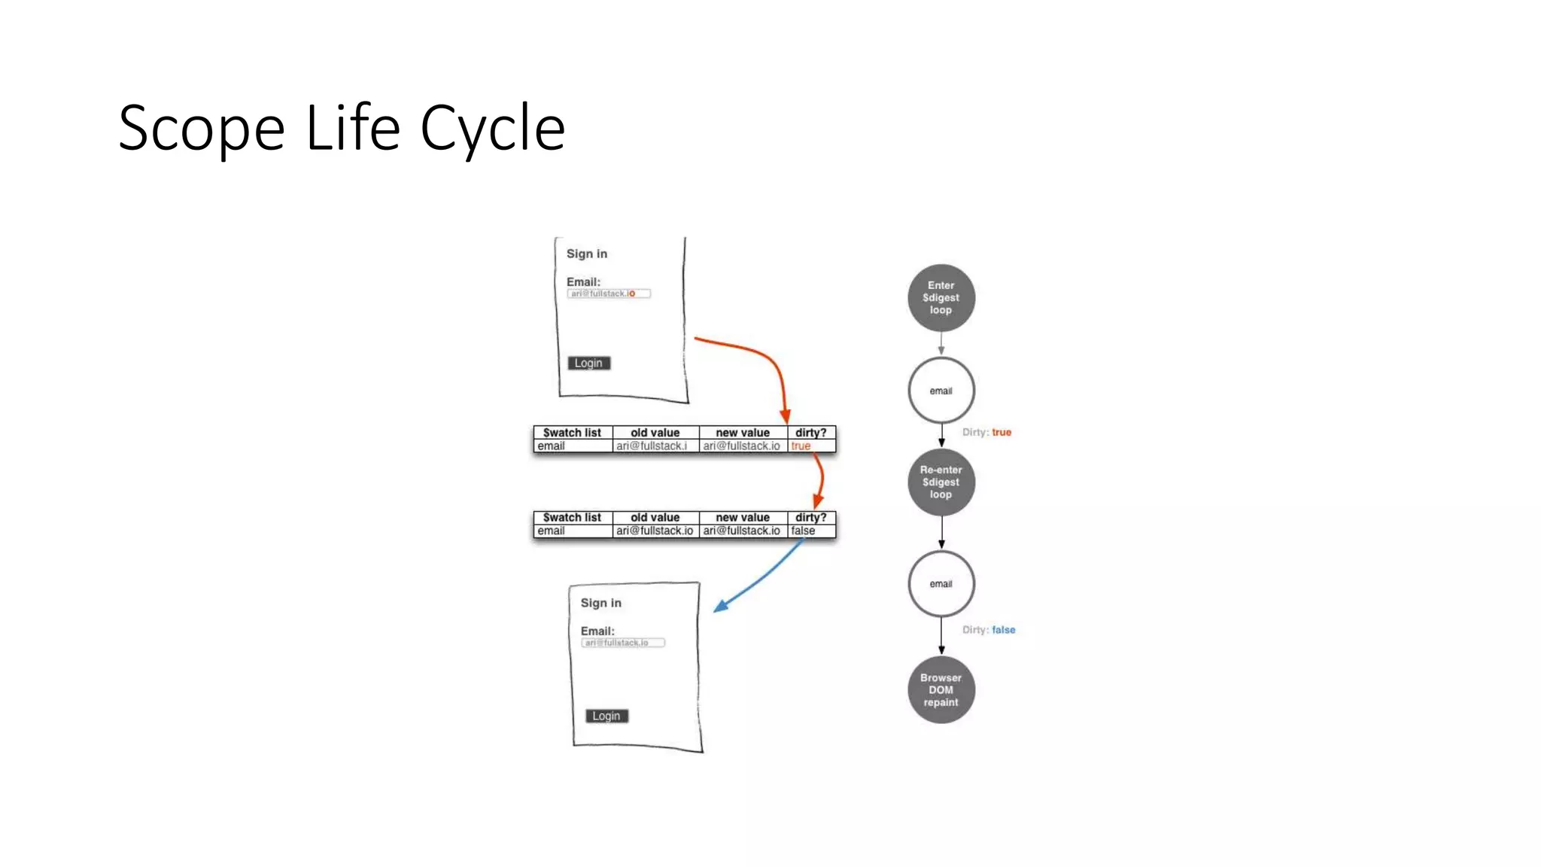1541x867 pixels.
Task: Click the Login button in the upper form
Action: tap(588, 363)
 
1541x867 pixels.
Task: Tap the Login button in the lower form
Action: tap(606, 716)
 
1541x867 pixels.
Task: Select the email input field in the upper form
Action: tap(609, 294)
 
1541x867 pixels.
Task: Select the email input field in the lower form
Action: tap(623, 643)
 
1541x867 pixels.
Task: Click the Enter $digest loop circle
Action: tap(941, 298)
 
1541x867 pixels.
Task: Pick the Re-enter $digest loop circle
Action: tap(941, 482)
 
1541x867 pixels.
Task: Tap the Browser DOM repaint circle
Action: tap(941, 690)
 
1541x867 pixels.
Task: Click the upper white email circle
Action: tap(941, 391)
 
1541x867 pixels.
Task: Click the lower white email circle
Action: tap(941, 584)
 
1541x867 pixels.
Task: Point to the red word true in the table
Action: tap(801, 446)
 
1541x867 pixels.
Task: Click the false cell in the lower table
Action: tap(803, 531)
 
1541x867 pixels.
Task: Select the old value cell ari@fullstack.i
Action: tap(652, 446)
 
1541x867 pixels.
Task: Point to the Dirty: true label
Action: tap(986, 433)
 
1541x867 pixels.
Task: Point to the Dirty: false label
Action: tap(989, 630)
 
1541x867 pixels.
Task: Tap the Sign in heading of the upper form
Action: tap(587, 254)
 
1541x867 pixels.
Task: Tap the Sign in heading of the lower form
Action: tap(600, 603)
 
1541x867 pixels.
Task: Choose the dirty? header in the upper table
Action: tap(810, 433)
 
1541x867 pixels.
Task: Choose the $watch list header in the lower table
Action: tap(572, 518)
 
